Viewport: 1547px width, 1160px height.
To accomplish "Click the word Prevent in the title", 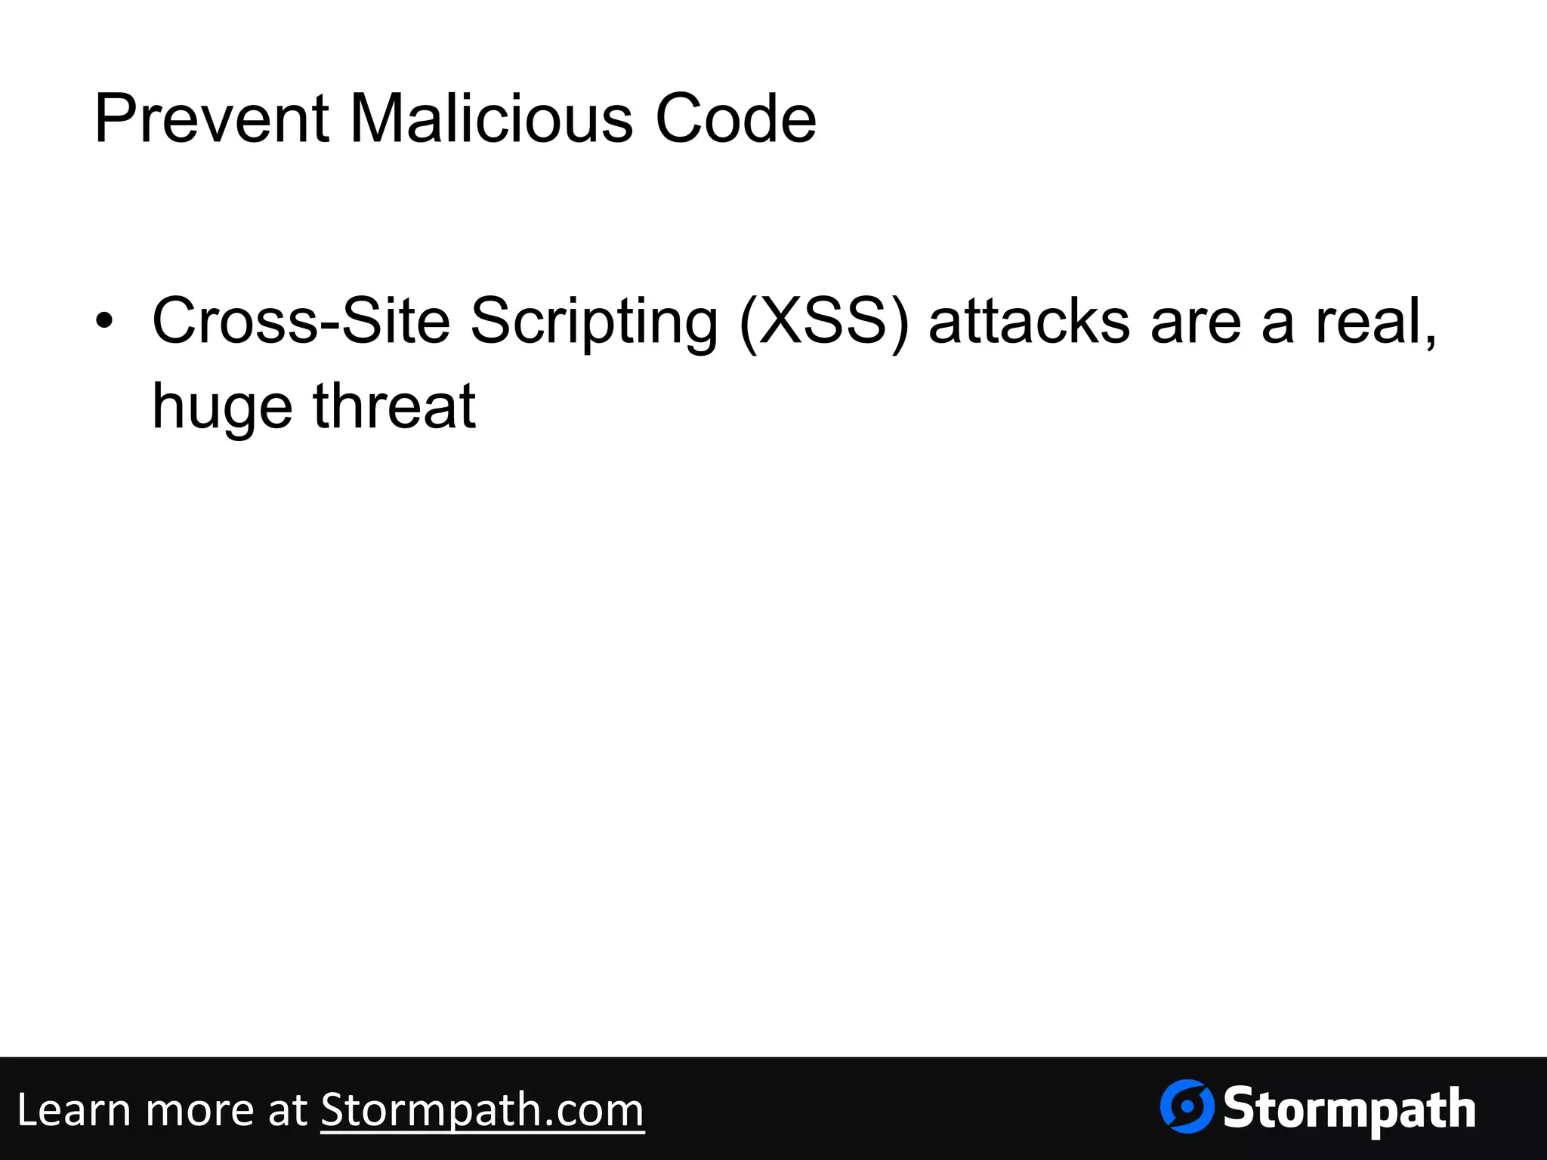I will pyautogui.click(x=212, y=119).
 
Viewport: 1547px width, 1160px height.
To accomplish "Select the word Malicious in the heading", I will pyautogui.click(x=491, y=119).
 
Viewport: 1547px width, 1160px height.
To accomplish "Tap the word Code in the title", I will pyautogui.click(x=735, y=119).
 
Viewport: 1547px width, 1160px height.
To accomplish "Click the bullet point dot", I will pyautogui.click(x=104, y=321).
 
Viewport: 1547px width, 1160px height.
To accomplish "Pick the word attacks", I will pyautogui.click(x=1030, y=321).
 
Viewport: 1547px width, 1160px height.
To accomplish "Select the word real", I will pyautogui.click(x=1368, y=321).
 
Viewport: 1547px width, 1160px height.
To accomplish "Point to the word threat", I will pyautogui.click(x=394, y=406).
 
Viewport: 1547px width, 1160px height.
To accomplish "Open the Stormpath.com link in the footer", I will pyautogui.click(x=482, y=1110).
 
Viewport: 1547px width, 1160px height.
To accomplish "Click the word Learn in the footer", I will pyautogui.click(x=73, y=1110).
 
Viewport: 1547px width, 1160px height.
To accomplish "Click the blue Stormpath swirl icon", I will pyautogui.click(x=1187, y=1106).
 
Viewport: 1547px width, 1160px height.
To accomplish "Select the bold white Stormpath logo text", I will pyautogui.click(x=1349, y=1110).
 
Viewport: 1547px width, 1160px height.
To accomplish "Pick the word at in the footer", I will pyautogui.click(x=287, y=1110).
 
